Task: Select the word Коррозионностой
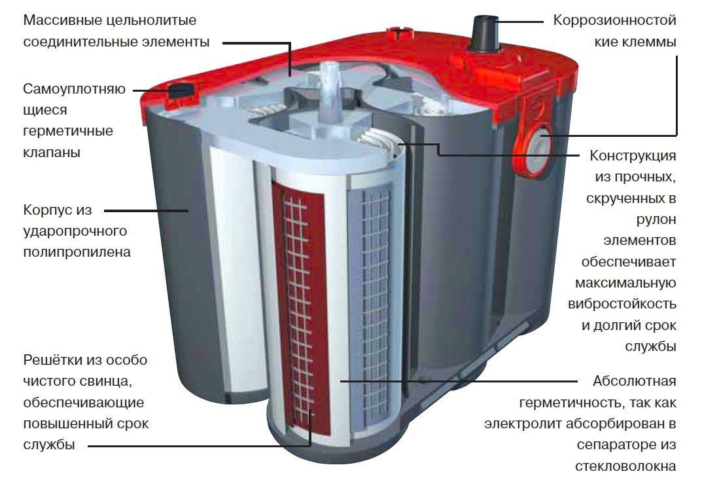tap(615, 20)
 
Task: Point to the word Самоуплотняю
tap(75, 89)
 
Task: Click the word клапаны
tap(52, 153)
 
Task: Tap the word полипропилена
tap(77, 252)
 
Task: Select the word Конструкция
tap(633, 156)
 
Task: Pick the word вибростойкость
tap(622, 304)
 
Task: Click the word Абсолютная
tap(635, 381)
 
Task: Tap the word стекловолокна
tap(625, 466)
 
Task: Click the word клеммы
tap(635, 42)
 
